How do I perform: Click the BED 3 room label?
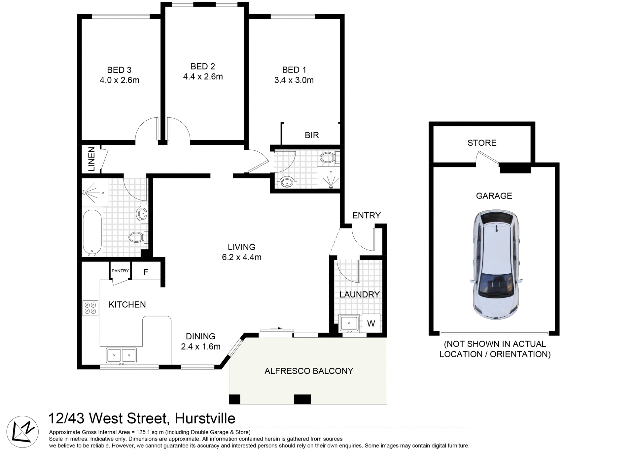(x=119, y=70)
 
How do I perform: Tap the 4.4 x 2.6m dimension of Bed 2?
(x=203, y=77)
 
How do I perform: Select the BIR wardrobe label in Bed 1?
(x=311, y=135)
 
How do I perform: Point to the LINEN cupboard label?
(x=91, y=159)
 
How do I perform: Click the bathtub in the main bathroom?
(x=92, y=232)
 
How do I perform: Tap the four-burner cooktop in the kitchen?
(x=90, y=308)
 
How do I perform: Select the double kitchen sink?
(x=121, y=355)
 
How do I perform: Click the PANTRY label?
(x=120, y=271)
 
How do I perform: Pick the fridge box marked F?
(x=146, y=272)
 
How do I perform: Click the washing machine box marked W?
(x=371, y=323)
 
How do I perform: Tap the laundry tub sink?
(x=349, y=323)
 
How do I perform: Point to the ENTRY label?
(x=366, y=215)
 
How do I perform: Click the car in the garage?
(x=496, y=264)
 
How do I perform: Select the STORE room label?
(x=482, y=143)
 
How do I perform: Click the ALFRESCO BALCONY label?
(x=309, y=371)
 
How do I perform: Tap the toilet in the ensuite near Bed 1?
(x=329, y=157)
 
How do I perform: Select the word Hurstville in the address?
(x=205, y=418)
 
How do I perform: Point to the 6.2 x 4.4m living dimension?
(x=241, y=257)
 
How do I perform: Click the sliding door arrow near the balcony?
(x=276, y=328)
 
